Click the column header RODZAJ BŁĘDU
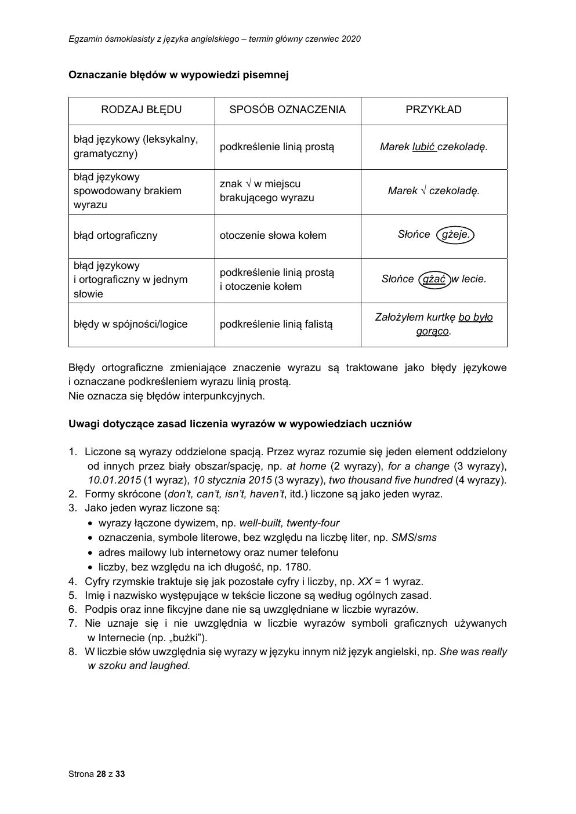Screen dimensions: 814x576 click(x=142, y=110)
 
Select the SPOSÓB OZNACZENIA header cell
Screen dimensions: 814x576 click(x=287, y=110)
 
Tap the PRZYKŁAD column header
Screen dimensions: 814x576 click(x=433, y=110)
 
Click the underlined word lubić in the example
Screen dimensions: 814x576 click(x=423, y=147)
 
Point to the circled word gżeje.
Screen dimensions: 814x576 click(x=455, y=235)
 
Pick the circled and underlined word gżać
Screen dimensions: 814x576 click(x=434, y=279)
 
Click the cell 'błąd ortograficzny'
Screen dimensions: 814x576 click(x=115, y=235)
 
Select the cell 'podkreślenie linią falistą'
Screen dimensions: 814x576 click(x=276, y=324)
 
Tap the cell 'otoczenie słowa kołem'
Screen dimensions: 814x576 click(x=273, y=235)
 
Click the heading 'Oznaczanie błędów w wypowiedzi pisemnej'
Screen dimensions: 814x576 click(x=178, y=75)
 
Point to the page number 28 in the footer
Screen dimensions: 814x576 click(x=102, y=774)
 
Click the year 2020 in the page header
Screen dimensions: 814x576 click(x=351, y=39)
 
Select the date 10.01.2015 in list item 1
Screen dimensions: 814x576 click(x=115, y=480)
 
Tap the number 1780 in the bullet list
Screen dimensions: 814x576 click(x=297, y=567)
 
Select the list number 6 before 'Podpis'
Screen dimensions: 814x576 click(x=73, y=609)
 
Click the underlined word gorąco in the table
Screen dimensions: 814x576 click(x=432, y=332)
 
